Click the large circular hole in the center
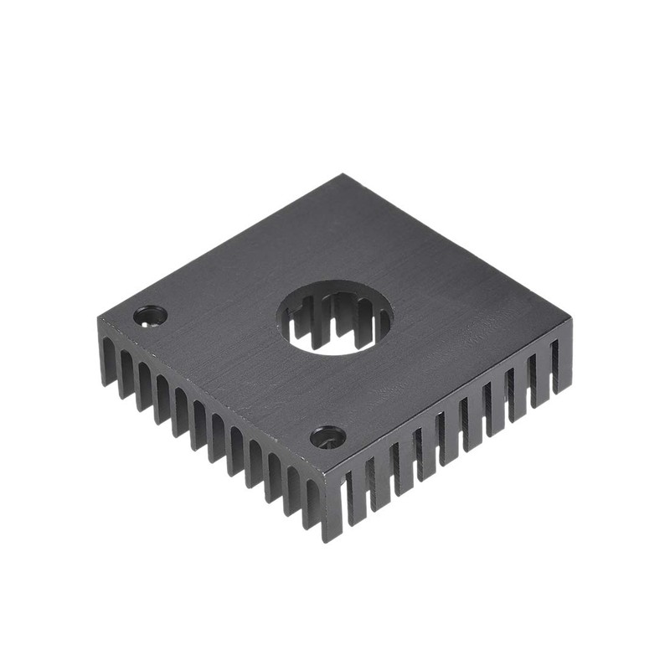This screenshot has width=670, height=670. coord(335,317)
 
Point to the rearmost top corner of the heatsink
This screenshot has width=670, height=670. coord(344,176)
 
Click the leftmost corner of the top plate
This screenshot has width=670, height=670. coord(98,316)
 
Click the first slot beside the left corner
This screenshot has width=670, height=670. coord(118,368)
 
